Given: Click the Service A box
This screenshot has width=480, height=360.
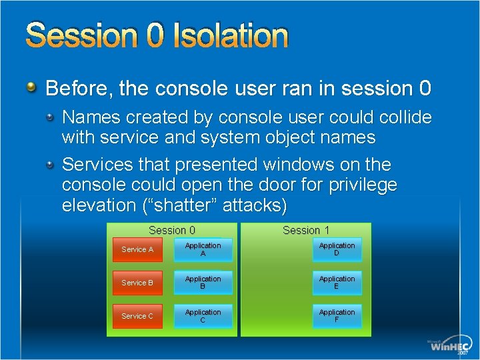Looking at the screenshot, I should pos(137,249).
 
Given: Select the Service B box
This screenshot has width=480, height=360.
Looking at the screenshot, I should pos(137,283).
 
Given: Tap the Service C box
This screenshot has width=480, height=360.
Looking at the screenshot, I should pos(137,316).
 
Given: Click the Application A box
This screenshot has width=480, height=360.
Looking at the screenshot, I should pos(203,249).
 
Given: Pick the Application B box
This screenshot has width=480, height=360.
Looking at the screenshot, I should pos(203,283).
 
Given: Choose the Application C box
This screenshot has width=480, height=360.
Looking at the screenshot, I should pos(203,316).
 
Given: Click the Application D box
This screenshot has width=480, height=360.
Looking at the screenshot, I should pos(337,249).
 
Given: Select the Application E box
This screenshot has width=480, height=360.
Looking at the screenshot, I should pos(337,283).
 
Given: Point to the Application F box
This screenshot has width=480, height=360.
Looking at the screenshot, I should pos(337,316).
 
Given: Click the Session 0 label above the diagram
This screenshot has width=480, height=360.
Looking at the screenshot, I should pos(172,230).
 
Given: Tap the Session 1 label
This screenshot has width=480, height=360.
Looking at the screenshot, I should pos(306,230).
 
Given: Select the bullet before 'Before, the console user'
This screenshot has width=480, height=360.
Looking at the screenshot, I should pos(31,87).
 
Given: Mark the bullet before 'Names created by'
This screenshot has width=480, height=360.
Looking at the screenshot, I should pos(51,117).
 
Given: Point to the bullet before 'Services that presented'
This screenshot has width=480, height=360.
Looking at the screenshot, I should pos(51,164).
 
